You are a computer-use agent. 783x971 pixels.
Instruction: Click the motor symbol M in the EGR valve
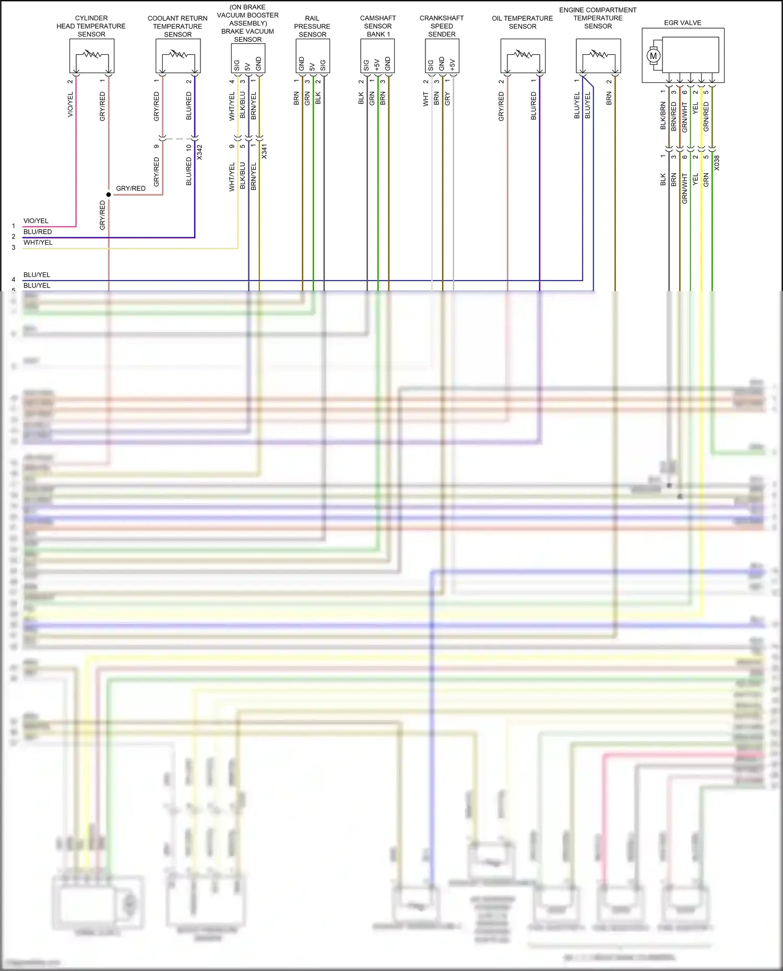[x=653, y=56]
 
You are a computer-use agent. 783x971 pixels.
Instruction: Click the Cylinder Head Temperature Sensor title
[x=91, y=26]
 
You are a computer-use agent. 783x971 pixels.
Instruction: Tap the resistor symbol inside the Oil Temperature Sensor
[x=523, y=54]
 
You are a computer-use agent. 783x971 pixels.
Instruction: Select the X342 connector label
[x=199, y=152]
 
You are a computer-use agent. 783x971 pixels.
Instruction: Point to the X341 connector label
[x=264, y=151]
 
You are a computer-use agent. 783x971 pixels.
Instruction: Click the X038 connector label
[x=717, y=163]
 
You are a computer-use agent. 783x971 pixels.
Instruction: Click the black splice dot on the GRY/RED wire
[x=109, y=195]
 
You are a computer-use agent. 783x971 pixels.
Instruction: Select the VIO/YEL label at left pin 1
[x=36, y=221]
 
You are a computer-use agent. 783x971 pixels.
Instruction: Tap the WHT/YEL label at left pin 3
[x=38, y=243]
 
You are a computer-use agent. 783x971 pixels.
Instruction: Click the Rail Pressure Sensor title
[x=312, y=26]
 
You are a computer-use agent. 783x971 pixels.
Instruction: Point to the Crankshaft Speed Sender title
[x=442, y=26]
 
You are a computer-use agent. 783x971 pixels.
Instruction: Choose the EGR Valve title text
[x=682, y=23]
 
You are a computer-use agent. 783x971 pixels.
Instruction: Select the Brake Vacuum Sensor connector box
[x=248, y=58]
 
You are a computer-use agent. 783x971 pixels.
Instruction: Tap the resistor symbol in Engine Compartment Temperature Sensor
[x=599, y=54]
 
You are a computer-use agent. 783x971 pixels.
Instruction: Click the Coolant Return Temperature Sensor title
[x=177, y=26]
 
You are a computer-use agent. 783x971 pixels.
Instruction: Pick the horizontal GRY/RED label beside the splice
[x=130, y=188]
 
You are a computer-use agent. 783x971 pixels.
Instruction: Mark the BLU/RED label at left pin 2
[x=38, y=232]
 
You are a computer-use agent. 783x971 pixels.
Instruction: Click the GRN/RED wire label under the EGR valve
[x=706, y=116]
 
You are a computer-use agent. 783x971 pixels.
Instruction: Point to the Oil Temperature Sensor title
[x=522, y=22]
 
